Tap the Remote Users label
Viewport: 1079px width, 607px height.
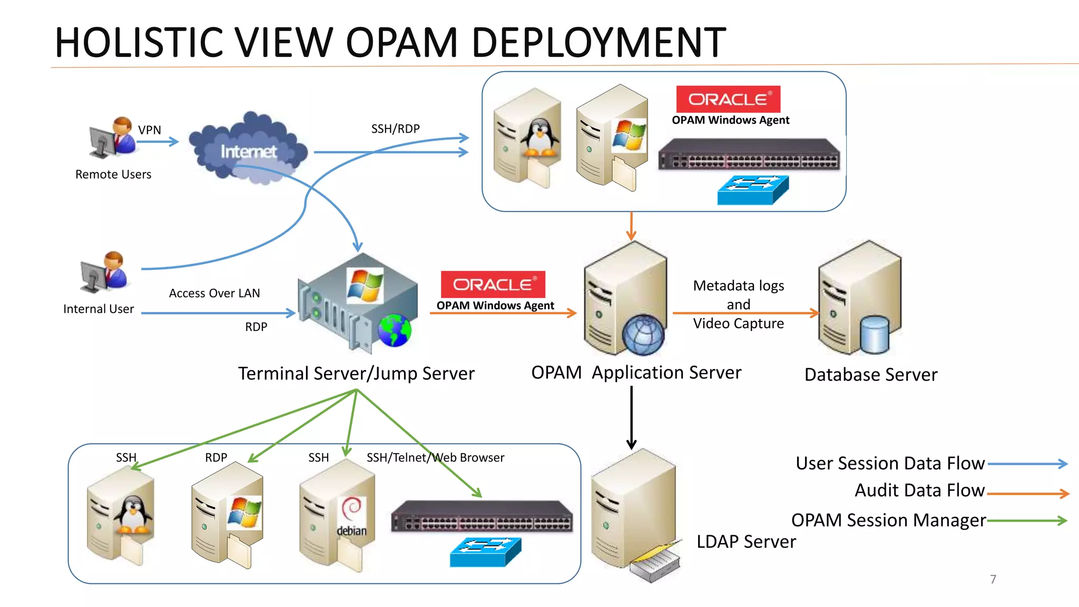[x=113, y=174]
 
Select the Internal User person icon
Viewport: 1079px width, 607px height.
[x=105, y=272]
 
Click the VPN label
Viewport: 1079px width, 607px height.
[x=150, y=130]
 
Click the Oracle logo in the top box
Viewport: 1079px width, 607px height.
[x=728, y=99]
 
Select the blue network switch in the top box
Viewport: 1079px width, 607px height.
[x=753, y=190]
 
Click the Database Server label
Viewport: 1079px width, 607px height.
[x=871, y=375]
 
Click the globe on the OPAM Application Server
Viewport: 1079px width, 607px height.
[x=643, y=335]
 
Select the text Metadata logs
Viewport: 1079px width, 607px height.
[x=738, y=286]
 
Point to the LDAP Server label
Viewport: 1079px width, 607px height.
[x=746, y=542]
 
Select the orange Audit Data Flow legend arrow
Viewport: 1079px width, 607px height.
[x=1027, y=494]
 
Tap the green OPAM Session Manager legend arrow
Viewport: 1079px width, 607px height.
[x=1027, y=521]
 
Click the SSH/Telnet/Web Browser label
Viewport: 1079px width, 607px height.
[x=435, y=457]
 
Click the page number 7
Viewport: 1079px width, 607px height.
[x=993, y=579]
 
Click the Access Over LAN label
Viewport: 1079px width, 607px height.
[x=214, y=293]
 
